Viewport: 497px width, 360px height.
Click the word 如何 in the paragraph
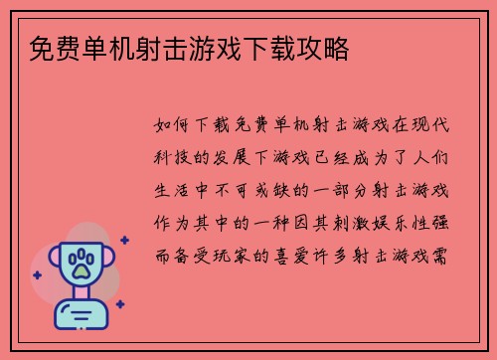click(172, 127)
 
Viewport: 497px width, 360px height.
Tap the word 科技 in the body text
click(172, 159)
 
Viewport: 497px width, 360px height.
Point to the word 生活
click(172, 191)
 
